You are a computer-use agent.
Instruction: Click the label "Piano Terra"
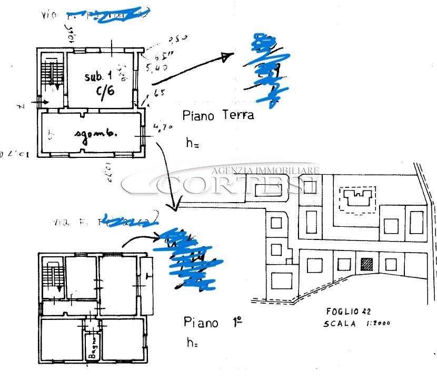[218, 115]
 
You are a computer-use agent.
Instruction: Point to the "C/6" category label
[105, 91]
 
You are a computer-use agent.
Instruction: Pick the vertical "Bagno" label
[92, 348]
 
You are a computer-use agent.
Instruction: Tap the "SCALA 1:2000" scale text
[356, 324]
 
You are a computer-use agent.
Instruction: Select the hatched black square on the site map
[367, 264]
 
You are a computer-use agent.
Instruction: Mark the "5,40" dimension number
[160, 68]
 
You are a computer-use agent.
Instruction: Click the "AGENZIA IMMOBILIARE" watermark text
[266, 170]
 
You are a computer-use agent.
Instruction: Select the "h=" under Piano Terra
[192, 142]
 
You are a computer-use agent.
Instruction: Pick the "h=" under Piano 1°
[192, 343]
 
